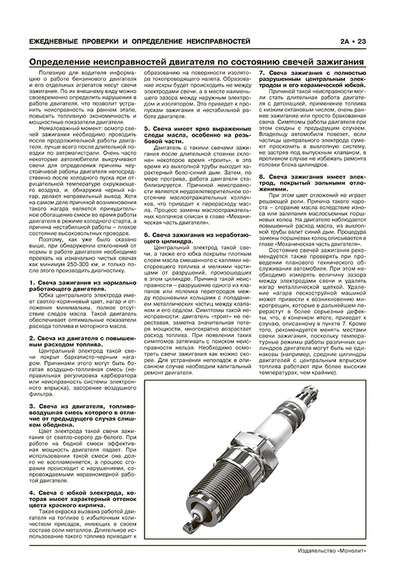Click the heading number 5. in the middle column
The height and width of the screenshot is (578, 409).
pos(148,128)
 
